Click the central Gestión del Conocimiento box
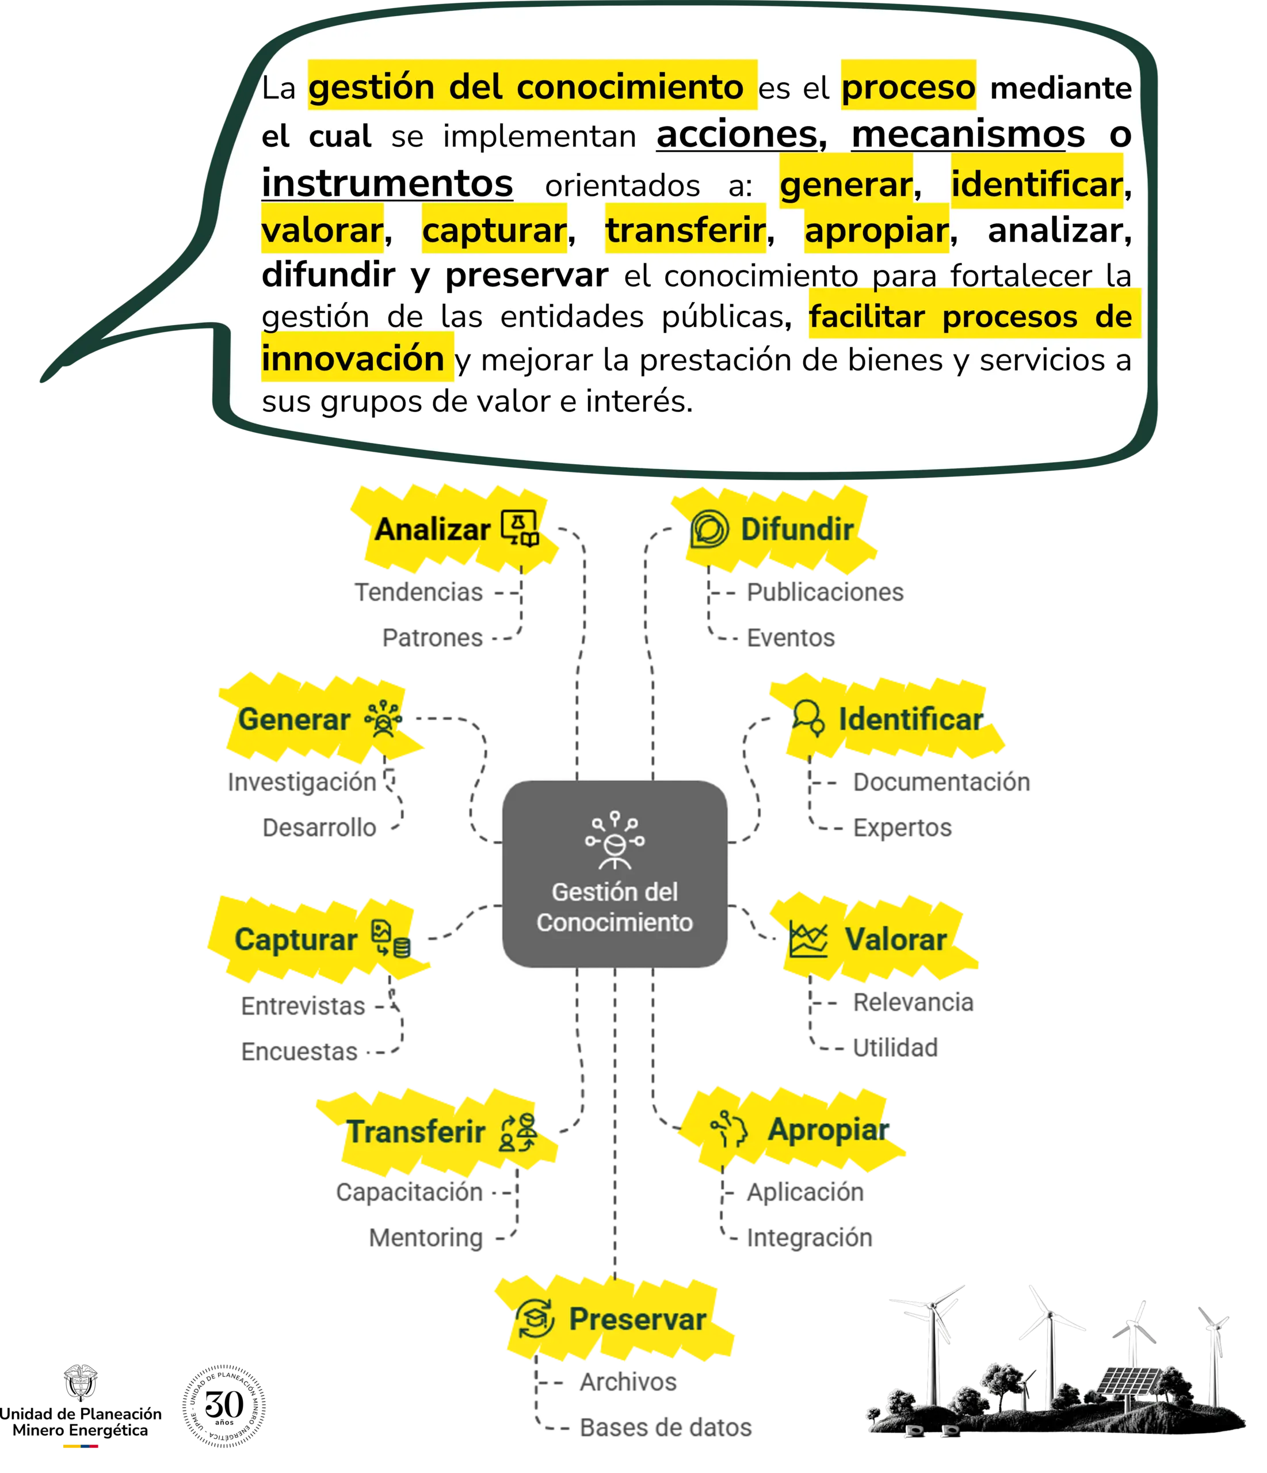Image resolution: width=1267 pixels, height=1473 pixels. click(615, 873)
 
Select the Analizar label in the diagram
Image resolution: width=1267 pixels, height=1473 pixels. click(432, 529)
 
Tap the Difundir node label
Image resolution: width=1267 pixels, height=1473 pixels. click(796, 529)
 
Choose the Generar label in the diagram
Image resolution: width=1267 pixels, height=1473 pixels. click(293, 719)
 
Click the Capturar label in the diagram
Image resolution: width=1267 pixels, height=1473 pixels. click(296, 940)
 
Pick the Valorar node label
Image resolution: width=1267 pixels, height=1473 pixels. click(895, 940)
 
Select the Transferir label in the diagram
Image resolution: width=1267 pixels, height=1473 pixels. click(415, 1132)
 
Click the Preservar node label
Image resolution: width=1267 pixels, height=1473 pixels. click(638, 1319)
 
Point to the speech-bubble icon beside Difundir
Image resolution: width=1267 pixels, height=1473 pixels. click(709, 529)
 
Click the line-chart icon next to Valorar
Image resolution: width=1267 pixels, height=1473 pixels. click(808, 940)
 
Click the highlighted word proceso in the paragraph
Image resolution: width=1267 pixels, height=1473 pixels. click(908, 87)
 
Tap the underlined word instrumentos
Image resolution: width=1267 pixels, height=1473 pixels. click(387, 184)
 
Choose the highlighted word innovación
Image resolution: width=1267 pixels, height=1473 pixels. click(353, 358)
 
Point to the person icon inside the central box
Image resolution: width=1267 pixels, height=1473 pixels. click(615, 842)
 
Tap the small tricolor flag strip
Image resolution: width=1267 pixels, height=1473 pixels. click(81, 1446)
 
